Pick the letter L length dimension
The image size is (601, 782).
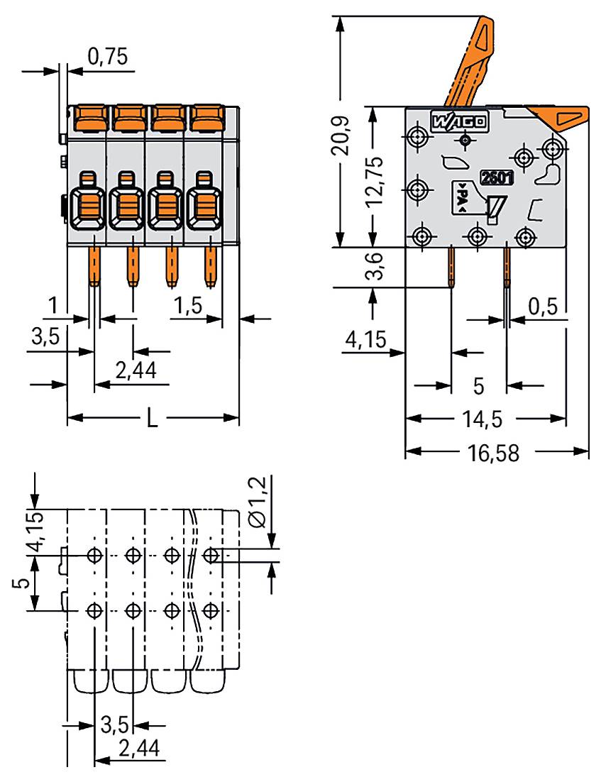coord(152,419)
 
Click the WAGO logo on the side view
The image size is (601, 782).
coord(458,121)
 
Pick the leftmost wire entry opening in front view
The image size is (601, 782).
coord(88,206)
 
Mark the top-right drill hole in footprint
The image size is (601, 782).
coord(210,554)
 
